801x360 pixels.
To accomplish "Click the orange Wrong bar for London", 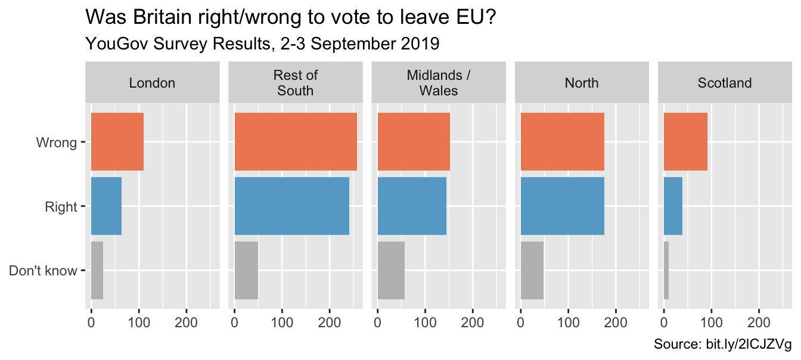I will click(117, 142).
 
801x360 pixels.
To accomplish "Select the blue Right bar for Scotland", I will click(673, 206).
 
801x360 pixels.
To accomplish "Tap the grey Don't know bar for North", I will click(532, 270).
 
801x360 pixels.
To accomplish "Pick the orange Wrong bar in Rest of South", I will click(296, 142).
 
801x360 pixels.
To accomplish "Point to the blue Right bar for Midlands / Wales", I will click(412, 206).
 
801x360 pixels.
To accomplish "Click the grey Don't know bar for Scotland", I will click(666, 270).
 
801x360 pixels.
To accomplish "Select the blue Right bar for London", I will click(106, 206).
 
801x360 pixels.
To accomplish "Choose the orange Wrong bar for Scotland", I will click(685, 142).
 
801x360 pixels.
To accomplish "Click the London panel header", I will click(152, 83).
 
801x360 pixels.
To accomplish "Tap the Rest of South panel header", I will click(295, 83).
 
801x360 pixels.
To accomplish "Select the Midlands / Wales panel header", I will click(438, 83).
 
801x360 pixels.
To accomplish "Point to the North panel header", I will click(581, 83).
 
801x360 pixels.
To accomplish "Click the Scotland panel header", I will click(724, 83).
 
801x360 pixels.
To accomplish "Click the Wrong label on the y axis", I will click(57, 142).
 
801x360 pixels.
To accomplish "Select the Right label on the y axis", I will click(61, 207).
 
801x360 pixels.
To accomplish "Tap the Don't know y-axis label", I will click(43, 271).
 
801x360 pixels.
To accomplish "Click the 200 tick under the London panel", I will click(186, 322).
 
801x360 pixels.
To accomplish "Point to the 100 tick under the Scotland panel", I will click(711, 322).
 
